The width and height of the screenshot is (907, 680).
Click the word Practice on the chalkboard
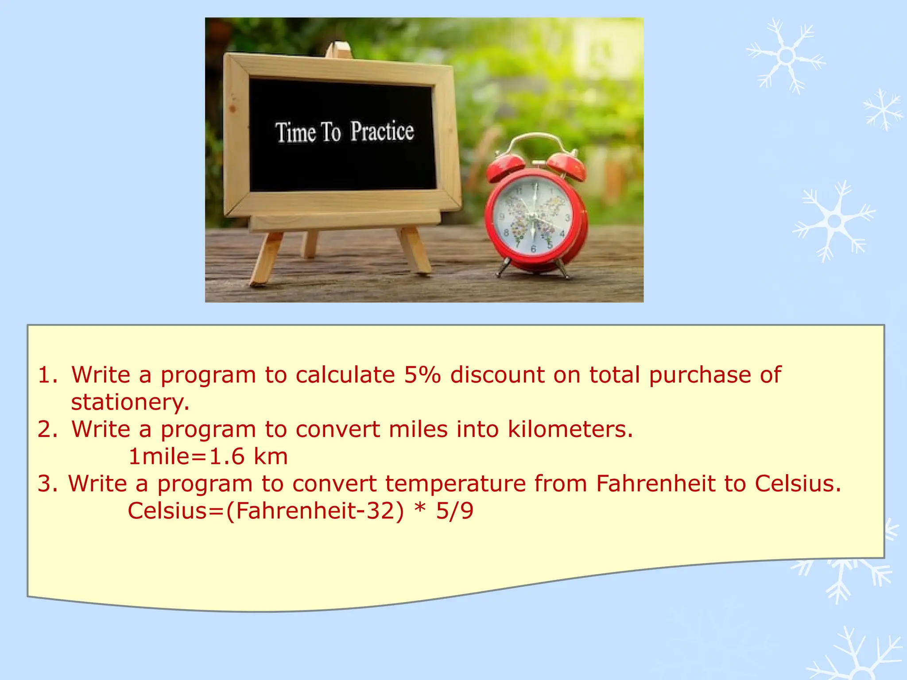tap(382, 131)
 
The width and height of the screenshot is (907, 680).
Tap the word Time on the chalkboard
tap(296, 132)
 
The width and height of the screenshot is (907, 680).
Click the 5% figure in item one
tap(422, 375)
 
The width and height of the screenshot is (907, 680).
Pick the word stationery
tap(130, 402)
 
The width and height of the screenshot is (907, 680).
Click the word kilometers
tap(570, 429)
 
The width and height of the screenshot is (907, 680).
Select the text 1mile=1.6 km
tap(208, 456)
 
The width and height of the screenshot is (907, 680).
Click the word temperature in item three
tap(455, 483)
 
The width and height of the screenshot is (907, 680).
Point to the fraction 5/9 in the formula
tap(455, 510)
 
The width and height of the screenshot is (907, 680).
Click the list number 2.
tap(47, 429)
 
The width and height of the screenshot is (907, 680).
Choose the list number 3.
tap(47, 483)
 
